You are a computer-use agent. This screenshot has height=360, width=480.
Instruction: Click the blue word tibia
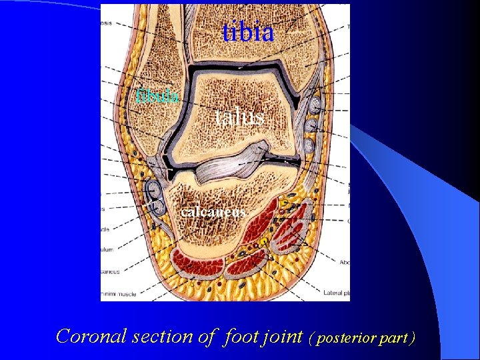pyautogui.click(x=248, y=31)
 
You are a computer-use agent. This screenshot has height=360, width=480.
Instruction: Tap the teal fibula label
pyautogui.click(x=157, y=96)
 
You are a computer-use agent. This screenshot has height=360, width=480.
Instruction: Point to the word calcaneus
pyautogui.click(x=213, y=212)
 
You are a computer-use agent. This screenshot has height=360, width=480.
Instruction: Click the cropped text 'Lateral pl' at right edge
pyautogui.click(x=337, y=292)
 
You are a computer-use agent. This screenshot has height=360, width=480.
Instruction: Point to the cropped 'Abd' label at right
pyautogui.click(x=344, y=262)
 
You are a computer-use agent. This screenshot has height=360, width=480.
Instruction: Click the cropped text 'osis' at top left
pyautogui.click(x=106, y=23)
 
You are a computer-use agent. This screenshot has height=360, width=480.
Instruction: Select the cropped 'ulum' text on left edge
pyautogui.click(x=107, y=249)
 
